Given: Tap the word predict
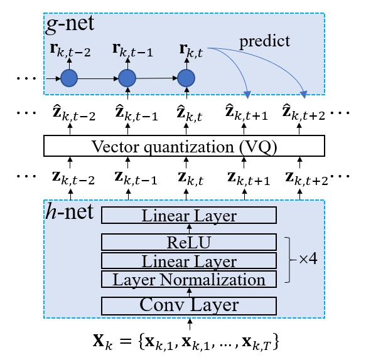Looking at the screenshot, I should (264, 41).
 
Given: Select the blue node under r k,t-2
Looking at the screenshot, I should (69, 78).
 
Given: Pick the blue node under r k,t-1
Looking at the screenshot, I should (127, 78).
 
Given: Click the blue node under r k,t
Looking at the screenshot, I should (186, 78).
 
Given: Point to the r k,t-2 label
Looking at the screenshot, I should (70, 50).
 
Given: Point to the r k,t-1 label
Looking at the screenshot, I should (132, 50).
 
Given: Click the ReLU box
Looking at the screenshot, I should (189, 242).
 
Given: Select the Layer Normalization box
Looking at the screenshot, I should (189, 279).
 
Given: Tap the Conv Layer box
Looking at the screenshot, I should (189, 305).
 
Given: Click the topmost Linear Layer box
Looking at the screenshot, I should (189, 216).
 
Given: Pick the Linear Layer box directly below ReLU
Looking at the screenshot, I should (189, 261).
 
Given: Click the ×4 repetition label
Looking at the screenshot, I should (308, 259).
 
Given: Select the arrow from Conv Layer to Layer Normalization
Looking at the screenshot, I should (189, 292).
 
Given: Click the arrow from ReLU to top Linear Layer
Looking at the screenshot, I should (189, 229).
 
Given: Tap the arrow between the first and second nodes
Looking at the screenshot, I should (98, 78).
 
